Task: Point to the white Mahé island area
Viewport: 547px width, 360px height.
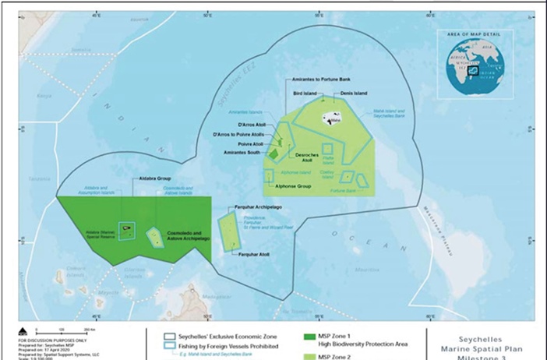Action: (333, 119)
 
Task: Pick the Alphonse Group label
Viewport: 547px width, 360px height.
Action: (290, 187)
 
